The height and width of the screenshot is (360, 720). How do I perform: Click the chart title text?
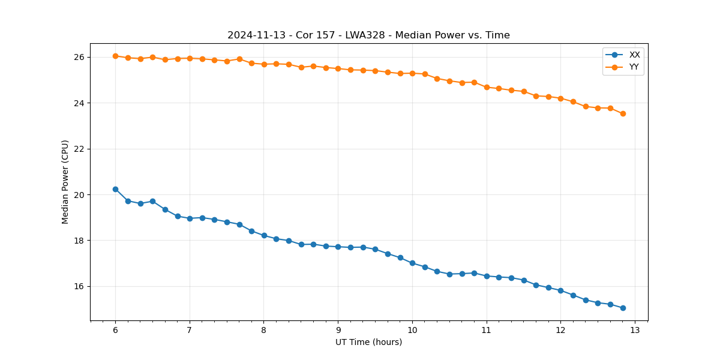[368, 35]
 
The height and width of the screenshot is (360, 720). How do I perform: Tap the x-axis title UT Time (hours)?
[368, 342]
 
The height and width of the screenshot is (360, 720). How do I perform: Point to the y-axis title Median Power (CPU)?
[65, 182]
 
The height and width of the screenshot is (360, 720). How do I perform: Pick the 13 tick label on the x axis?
[635, 331]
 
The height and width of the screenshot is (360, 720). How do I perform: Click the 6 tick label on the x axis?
[115, 331]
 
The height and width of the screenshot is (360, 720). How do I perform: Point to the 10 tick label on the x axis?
[412, 331]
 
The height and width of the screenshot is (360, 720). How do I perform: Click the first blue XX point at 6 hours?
[115, 189]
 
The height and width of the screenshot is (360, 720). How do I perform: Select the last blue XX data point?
[623, 308]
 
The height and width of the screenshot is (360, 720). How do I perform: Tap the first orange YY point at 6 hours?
[115, 56]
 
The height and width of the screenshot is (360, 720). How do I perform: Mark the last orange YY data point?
[623, 113]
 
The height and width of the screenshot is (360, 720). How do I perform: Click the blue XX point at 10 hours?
[412, 263]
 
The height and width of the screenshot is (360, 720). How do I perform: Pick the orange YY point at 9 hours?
[338, 68]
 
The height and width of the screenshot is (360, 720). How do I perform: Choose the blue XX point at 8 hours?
[264, 235]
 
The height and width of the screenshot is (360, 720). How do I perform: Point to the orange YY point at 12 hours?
[560, 98]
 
